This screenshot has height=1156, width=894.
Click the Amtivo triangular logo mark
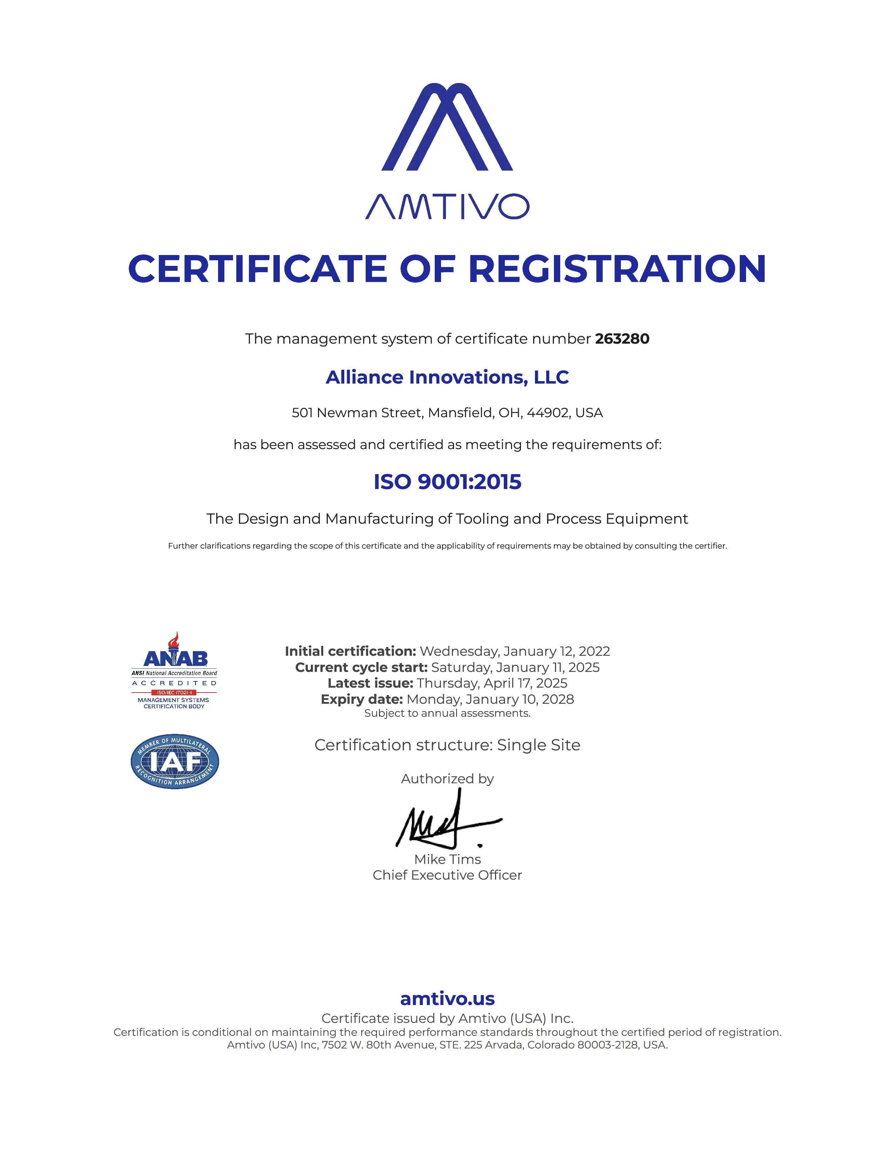pos(447,127)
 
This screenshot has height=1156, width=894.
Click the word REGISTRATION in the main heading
pos(617,269)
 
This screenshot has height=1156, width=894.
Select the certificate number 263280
pos(622,339)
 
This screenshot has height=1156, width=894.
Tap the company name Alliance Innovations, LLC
pos(447,377)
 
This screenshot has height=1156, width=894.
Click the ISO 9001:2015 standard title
pos(447,482)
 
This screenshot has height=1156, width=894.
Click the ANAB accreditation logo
pos(174,670)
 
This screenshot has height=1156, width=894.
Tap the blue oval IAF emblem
pos(175,761)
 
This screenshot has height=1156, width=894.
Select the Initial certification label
pos(351,651)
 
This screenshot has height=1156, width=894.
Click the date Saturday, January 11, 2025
pos(515,667)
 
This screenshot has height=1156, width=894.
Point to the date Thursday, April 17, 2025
pos(492,683)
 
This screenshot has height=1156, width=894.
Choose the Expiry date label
pos(362,699)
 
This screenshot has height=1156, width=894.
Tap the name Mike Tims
pos(447,859)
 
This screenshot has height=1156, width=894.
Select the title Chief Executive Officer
pos(447,875)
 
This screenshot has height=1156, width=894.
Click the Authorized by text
pos(447,779)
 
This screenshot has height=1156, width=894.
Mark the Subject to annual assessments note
pos(447,714)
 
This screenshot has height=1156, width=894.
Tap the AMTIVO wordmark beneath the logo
pos(447,206)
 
